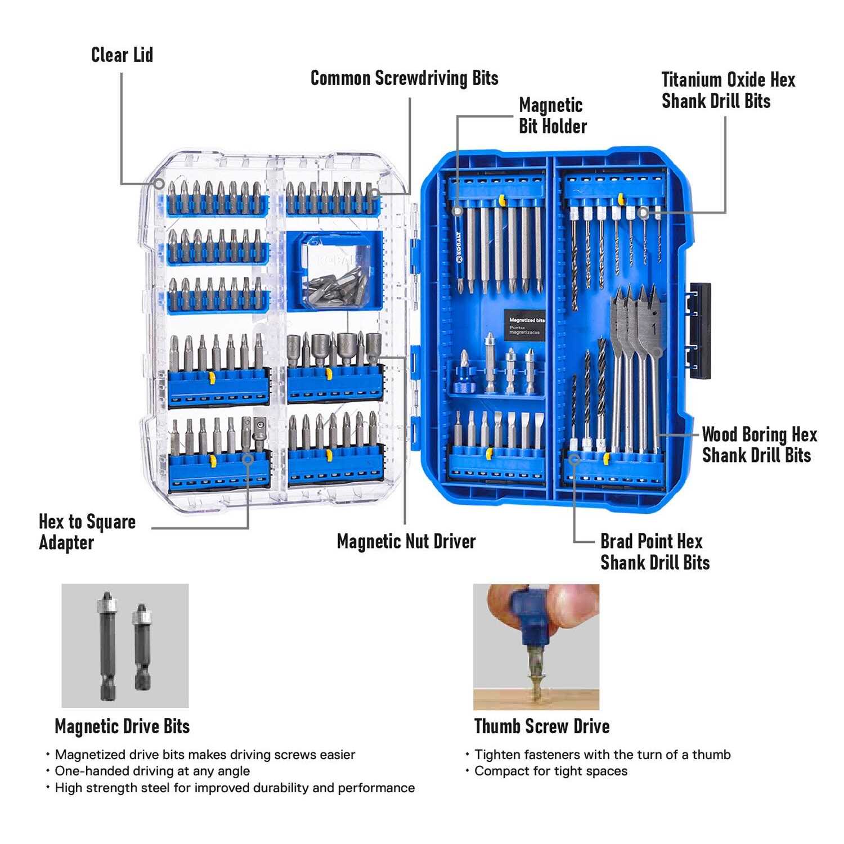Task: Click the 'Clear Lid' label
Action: coord(122,55)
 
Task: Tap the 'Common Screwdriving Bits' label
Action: coord(404,78)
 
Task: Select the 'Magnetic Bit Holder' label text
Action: coord(553,115)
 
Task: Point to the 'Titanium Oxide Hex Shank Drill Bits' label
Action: coord(728,90)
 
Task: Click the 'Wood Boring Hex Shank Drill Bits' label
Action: coord(759,445)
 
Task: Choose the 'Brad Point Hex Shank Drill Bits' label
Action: coord(655,551)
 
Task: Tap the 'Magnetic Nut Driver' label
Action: coord(406,541)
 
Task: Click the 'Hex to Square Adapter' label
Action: coord(87,532)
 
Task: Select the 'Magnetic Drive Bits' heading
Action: coord(122,726)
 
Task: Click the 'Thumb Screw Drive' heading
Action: coord(542,726)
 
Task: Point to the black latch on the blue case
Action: coord(699,330)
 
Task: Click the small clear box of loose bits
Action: coord(334,271)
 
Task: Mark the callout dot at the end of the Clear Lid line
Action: coord(159,183)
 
